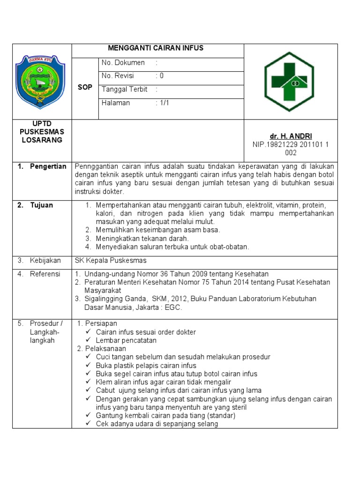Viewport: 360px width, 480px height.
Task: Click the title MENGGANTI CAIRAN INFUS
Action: [x=156, y=48]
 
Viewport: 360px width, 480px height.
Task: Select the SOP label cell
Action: [x=86, y=88]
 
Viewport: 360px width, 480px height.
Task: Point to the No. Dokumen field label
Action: [x=123, y=63]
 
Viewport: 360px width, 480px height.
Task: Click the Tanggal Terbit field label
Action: [x=124, y=90]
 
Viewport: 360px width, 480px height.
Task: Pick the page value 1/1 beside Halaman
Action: [x=162, y=103]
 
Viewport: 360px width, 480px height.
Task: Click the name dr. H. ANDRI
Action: [x=291, y=136]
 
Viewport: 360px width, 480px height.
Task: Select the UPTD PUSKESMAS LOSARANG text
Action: [x=42, y=132]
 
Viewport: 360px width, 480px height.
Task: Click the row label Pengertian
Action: [x=48, y=166]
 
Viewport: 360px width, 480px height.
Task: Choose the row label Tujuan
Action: [x=42, y=205]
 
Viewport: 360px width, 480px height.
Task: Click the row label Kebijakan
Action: [x=45, y=261]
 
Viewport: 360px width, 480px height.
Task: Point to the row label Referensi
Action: [x=45, y=274]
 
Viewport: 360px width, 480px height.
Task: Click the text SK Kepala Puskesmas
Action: [x=111, y=261]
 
